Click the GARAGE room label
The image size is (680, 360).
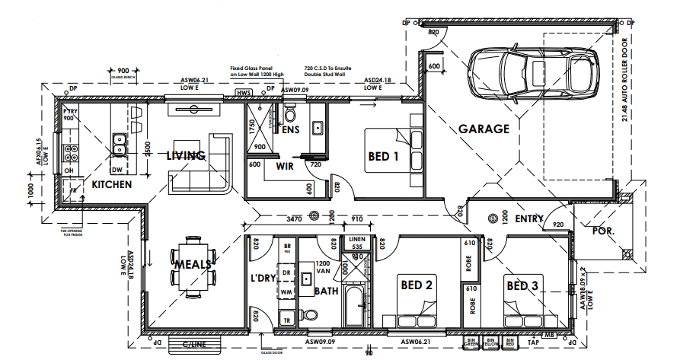point(484,129)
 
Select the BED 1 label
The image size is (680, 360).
point(383,157)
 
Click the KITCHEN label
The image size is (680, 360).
point(112,184)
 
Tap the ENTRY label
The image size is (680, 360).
point(528,219)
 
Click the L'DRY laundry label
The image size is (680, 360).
point(263,279)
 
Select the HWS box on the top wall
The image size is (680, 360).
point(244,93)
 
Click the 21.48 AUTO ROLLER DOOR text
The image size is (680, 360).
point(625,80)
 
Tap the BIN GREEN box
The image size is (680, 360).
point(471,342)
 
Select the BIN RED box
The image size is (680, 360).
point(511,342)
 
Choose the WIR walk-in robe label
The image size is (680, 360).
point(285,165)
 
